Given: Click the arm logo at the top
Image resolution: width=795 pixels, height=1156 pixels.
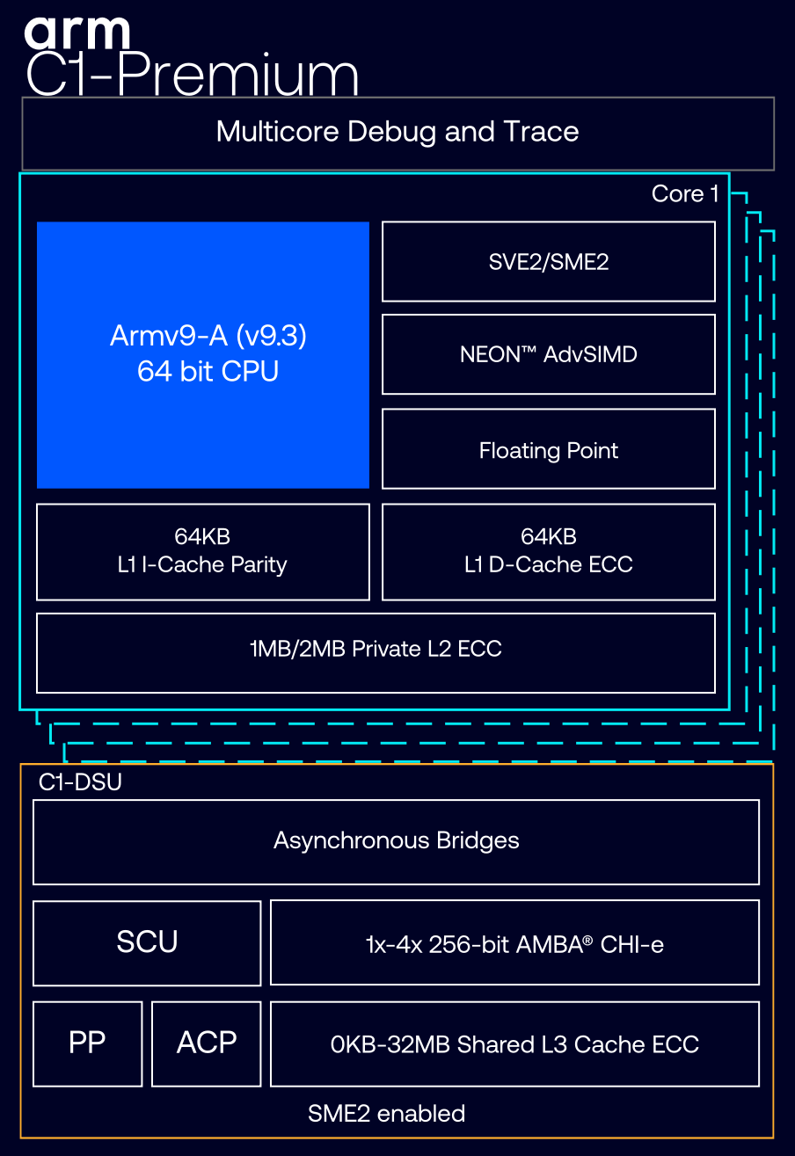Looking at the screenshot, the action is tap(77, 33).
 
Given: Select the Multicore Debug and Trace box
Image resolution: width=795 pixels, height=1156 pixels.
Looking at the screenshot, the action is tap(398, 133).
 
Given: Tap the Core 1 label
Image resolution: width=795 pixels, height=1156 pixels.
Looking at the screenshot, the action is tap(684, 194).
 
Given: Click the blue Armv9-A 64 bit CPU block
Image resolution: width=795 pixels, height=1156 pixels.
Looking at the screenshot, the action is tap(203, 355).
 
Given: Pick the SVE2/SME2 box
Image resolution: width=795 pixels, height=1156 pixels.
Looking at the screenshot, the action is tap(548, 262).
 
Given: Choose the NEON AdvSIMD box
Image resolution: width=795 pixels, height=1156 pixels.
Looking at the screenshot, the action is tap(548, 354).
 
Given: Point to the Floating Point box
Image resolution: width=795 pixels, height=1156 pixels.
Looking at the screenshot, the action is tap(548, 449).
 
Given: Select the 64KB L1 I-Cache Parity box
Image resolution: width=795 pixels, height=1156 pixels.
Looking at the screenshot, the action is tap(203, 552).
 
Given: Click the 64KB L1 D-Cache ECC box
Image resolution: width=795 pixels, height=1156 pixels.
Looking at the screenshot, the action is tap(548, 552).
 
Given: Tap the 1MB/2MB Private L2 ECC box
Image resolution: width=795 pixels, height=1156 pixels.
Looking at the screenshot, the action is tap(376, 653).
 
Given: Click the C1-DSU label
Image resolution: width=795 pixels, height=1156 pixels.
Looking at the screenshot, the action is tap(80, 782).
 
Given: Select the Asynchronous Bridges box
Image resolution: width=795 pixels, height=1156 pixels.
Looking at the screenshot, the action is tap(396, 842).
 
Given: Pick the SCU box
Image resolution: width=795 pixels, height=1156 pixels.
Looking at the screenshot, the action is tap(147, 943).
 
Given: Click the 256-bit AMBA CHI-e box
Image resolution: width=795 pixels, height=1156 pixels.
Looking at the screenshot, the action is tap(514, 942).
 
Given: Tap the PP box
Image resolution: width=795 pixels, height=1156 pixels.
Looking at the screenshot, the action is tap(87, 1044).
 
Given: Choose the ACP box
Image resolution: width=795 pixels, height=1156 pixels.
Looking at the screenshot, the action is tap(207, 1044).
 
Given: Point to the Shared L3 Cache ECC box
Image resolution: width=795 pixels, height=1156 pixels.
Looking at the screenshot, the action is tap(514, 1044).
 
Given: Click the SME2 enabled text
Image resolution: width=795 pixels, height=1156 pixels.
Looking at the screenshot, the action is tap(386, 1113).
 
